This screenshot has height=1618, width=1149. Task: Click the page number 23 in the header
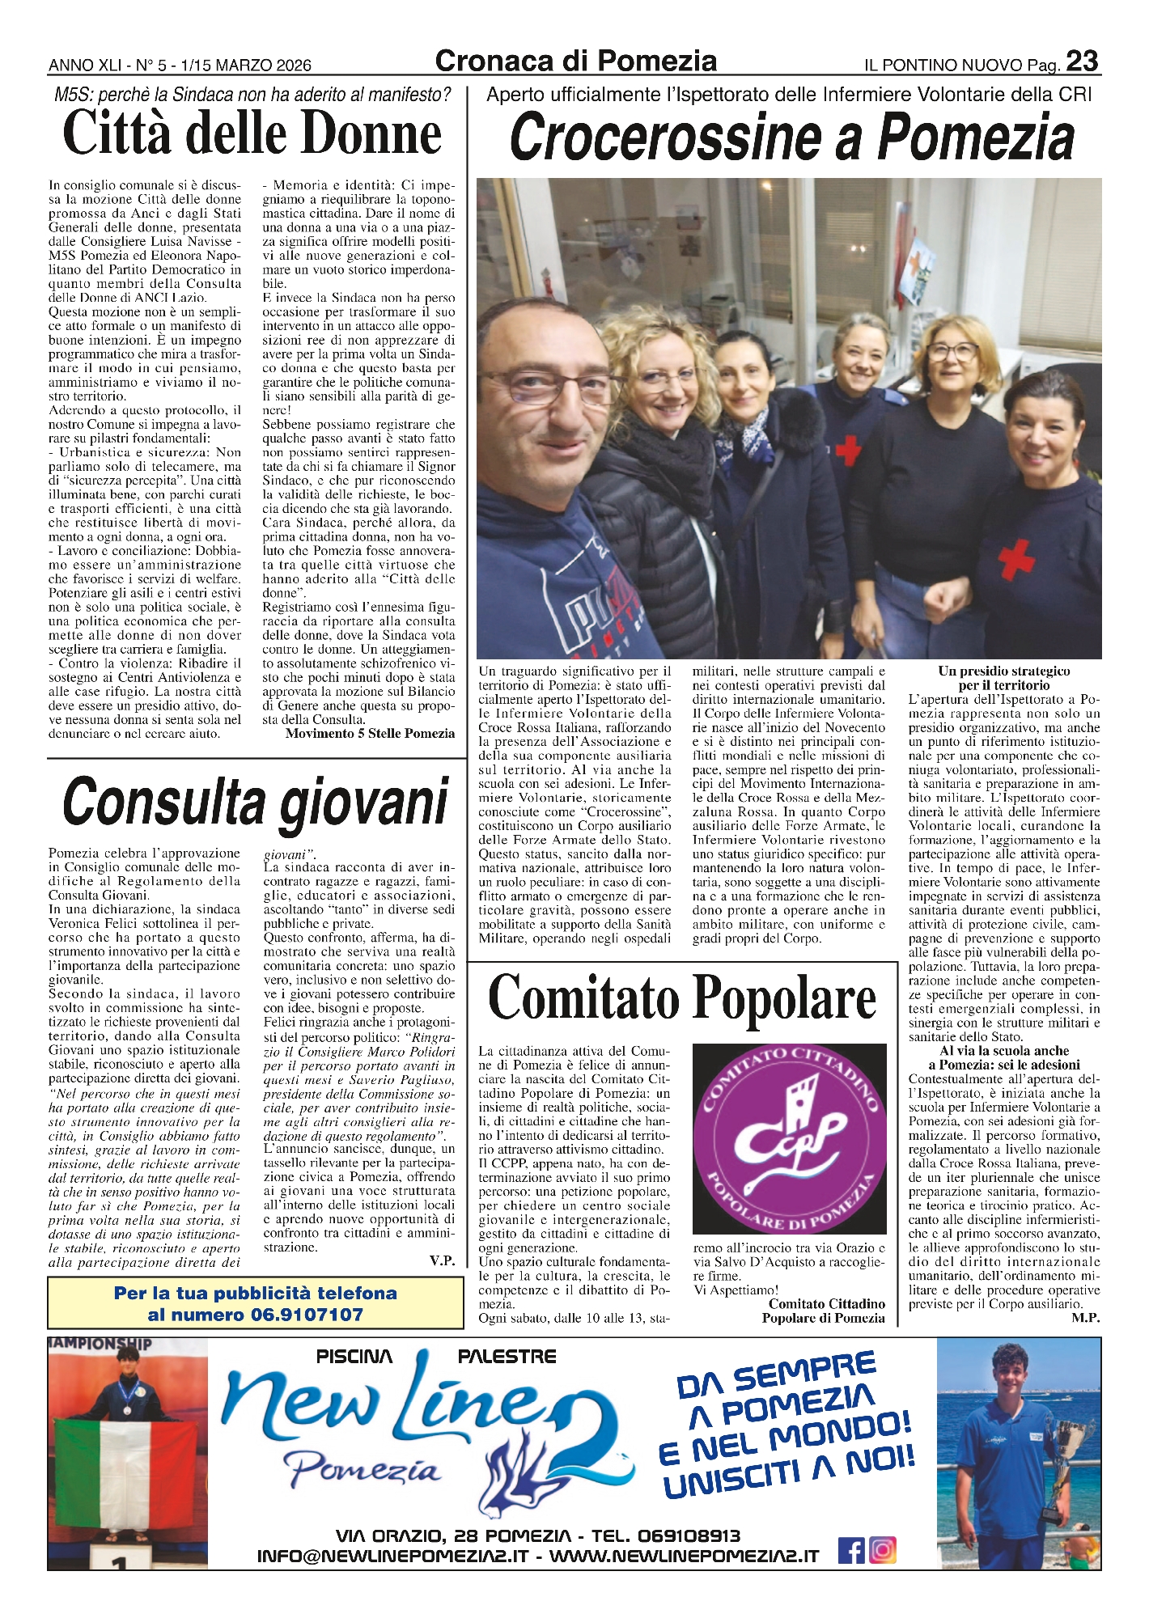coord(1082,61)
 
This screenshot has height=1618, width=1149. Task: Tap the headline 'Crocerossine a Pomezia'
coord(791,138)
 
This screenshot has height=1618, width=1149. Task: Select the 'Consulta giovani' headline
coord(255,803)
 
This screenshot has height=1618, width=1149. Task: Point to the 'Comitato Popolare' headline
coord(682,997)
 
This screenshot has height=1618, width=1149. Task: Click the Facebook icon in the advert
coord(850,1549)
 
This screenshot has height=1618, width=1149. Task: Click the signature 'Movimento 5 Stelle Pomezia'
coord(370,733)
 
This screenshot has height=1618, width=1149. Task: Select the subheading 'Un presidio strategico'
coord(1003,671)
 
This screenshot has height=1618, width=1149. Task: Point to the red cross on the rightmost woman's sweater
coord(1015,558)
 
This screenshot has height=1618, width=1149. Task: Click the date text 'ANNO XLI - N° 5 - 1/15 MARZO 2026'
coord(180,66)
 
